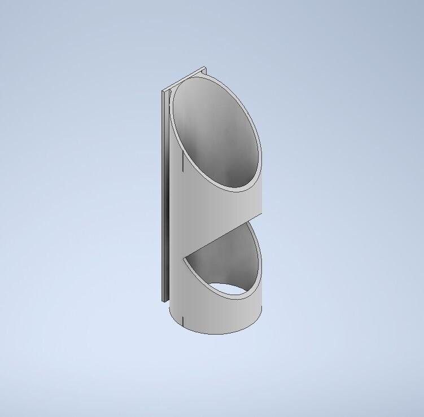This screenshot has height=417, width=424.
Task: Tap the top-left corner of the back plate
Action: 163,90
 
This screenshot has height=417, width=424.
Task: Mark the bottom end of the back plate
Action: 164,299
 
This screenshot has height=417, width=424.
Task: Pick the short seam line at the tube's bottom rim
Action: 183,322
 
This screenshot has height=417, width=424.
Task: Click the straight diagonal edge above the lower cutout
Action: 222,238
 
